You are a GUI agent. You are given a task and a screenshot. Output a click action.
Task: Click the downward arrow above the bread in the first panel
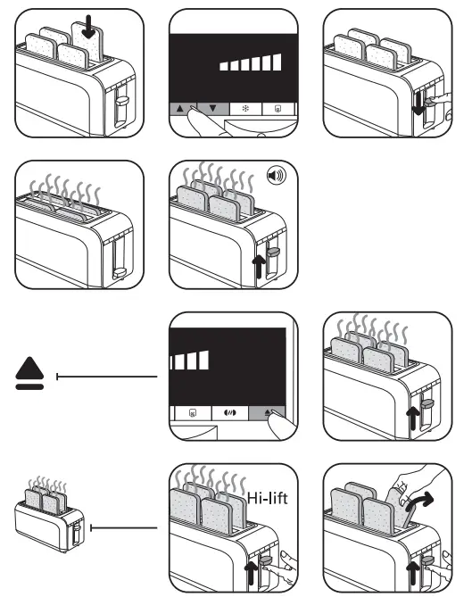87,27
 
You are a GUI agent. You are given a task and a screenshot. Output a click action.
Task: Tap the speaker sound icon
277,176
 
